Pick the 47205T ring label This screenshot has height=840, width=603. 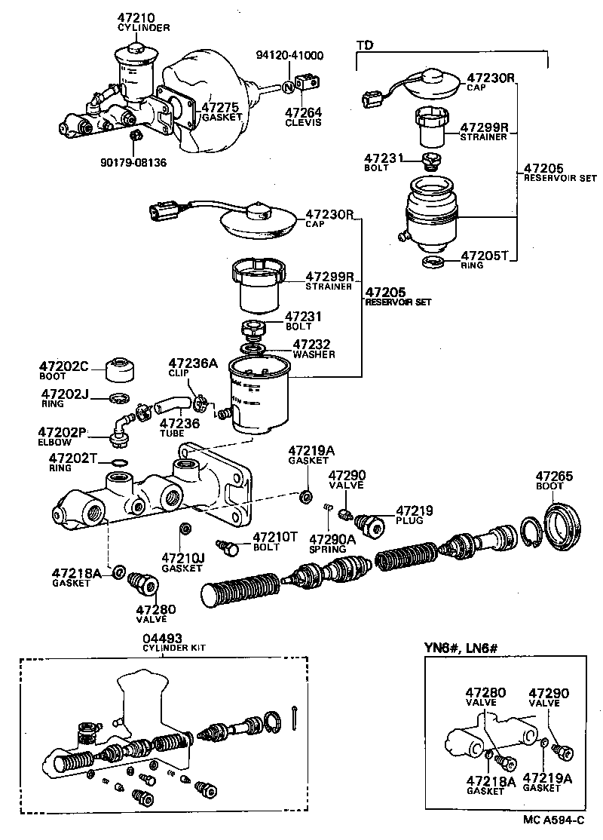485,256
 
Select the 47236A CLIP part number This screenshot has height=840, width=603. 192,363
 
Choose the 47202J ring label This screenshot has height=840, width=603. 65,394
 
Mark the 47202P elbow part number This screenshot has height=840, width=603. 63,433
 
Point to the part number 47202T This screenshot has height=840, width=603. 73,458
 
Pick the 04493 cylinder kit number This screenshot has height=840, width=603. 164,638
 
